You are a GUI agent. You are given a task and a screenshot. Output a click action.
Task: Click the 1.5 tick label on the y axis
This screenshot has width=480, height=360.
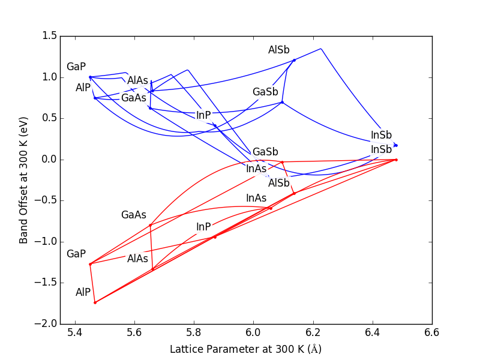click(x=50, y=36)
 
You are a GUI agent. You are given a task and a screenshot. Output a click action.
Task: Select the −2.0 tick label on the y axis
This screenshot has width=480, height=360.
click(x=47, y=324)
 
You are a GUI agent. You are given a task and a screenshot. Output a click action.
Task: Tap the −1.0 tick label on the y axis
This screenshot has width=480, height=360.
click(x=47, y=242)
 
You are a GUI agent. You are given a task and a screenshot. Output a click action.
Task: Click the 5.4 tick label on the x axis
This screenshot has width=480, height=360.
click(x=75, y=332)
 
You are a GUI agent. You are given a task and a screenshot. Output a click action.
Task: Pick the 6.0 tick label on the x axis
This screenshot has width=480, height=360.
click(x=253, y=332)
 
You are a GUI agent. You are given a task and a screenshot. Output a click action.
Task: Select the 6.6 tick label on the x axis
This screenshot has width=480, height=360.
click(x=431, y=332)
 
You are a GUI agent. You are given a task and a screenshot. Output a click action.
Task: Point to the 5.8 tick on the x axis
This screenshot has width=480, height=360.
click(x=194, y=324)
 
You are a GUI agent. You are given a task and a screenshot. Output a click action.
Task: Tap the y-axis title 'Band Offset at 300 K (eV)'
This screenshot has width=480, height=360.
click(x=24, y=180)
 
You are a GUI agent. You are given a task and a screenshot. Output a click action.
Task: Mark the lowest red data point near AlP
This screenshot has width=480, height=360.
click(x=95, y=302)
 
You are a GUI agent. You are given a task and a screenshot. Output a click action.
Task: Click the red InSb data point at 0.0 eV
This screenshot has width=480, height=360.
click(x=396, y=160)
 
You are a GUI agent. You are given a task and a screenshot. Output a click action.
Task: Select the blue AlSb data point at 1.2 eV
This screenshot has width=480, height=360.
click(x=294, y=60)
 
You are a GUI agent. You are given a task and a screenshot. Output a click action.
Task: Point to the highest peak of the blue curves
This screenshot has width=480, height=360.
click(x=321, y=49)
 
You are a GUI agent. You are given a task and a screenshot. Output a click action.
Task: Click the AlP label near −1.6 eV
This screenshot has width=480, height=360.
click(x=83, y=292)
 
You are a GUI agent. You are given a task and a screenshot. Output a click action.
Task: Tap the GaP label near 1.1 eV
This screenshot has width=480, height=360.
click(x=76, y=67)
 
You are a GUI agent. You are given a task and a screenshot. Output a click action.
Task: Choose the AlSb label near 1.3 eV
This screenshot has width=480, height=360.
click(x=278, y=50)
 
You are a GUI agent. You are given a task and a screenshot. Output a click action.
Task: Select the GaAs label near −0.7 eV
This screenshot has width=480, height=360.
click(x=133, y=215)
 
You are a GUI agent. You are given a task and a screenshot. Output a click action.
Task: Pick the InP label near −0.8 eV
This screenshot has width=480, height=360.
click(x=203, y=227)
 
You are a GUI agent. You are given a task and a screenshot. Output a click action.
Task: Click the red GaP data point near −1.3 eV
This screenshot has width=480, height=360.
click(x=90, y=264)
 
